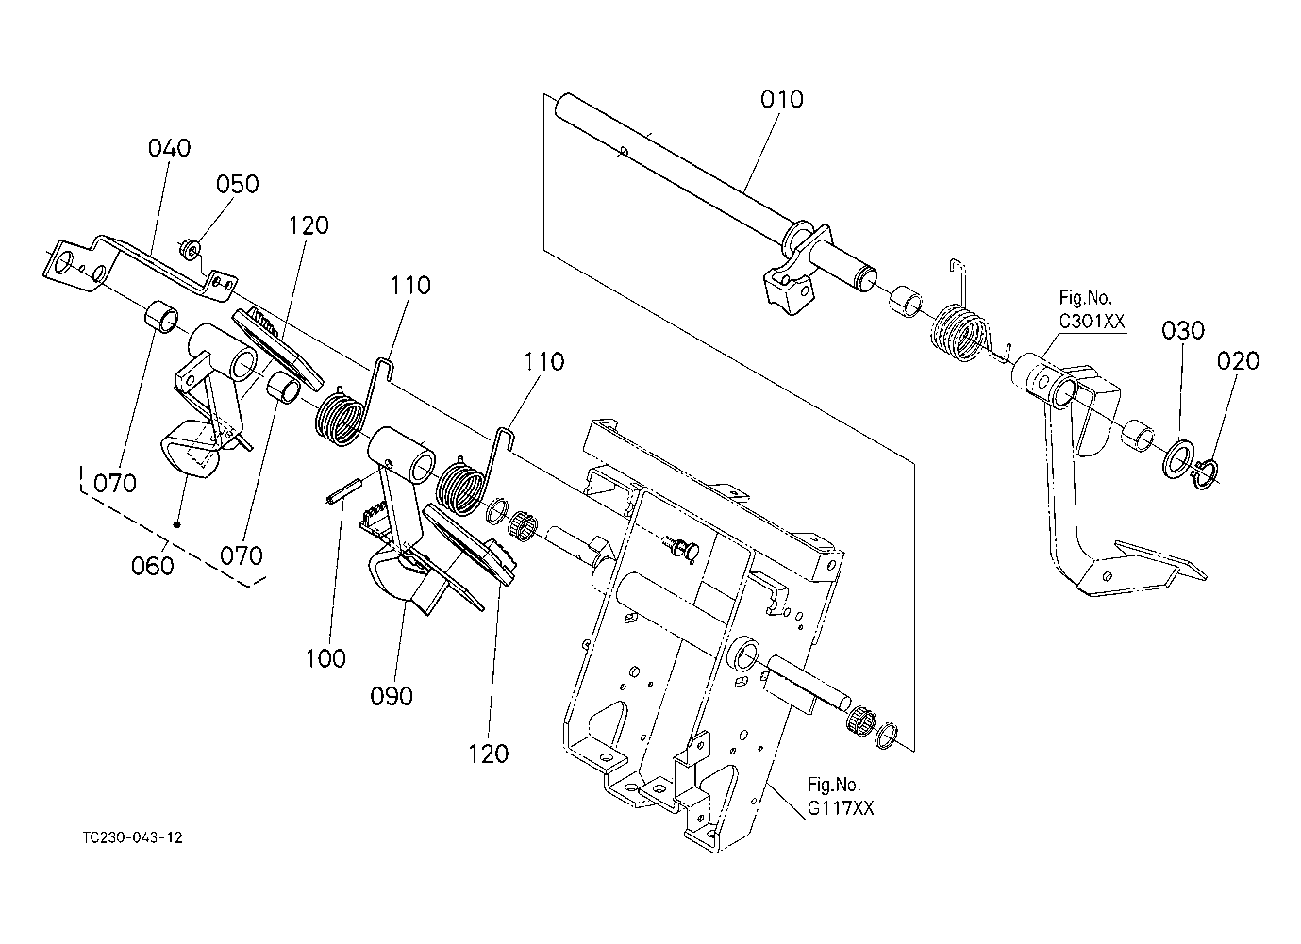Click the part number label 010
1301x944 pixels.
click(x=782, y=99)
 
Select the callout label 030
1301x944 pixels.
click(x=1182, y=331)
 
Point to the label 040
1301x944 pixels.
click(x=169, y=148)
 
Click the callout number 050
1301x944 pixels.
click(x=237, y=184)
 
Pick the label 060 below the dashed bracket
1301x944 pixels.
click(x=153, y=565)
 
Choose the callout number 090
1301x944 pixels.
click(x=391, y=696)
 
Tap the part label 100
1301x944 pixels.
click(x=325, y=658)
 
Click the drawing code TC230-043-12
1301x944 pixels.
click(x=132, y=837)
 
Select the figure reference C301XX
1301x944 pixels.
click(x=1092, y=322)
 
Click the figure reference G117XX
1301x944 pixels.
click(x=840, y=807)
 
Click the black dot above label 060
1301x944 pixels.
click(x=176, y=523)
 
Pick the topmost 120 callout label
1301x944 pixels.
click(x=309, y=225)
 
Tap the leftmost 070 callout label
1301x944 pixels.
click(x=114, y=484)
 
